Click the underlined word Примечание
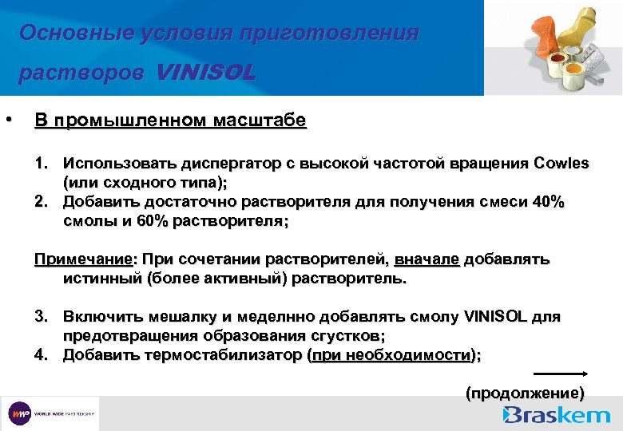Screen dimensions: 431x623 pyautogui.click(x=82, y=260)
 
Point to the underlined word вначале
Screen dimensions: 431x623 pyautogui.click(x=427, y=260)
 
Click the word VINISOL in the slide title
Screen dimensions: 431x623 pyautogui.click(x=207, y=73)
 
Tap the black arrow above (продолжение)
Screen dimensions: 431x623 pyautogui.click(x=560, y=373)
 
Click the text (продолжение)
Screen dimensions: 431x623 pyautogui.click(x=525, y=393)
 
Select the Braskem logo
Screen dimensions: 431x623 pyautogui.click(x=558, y=414)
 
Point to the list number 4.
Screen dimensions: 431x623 pyautogui.click(x=42, y=354)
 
